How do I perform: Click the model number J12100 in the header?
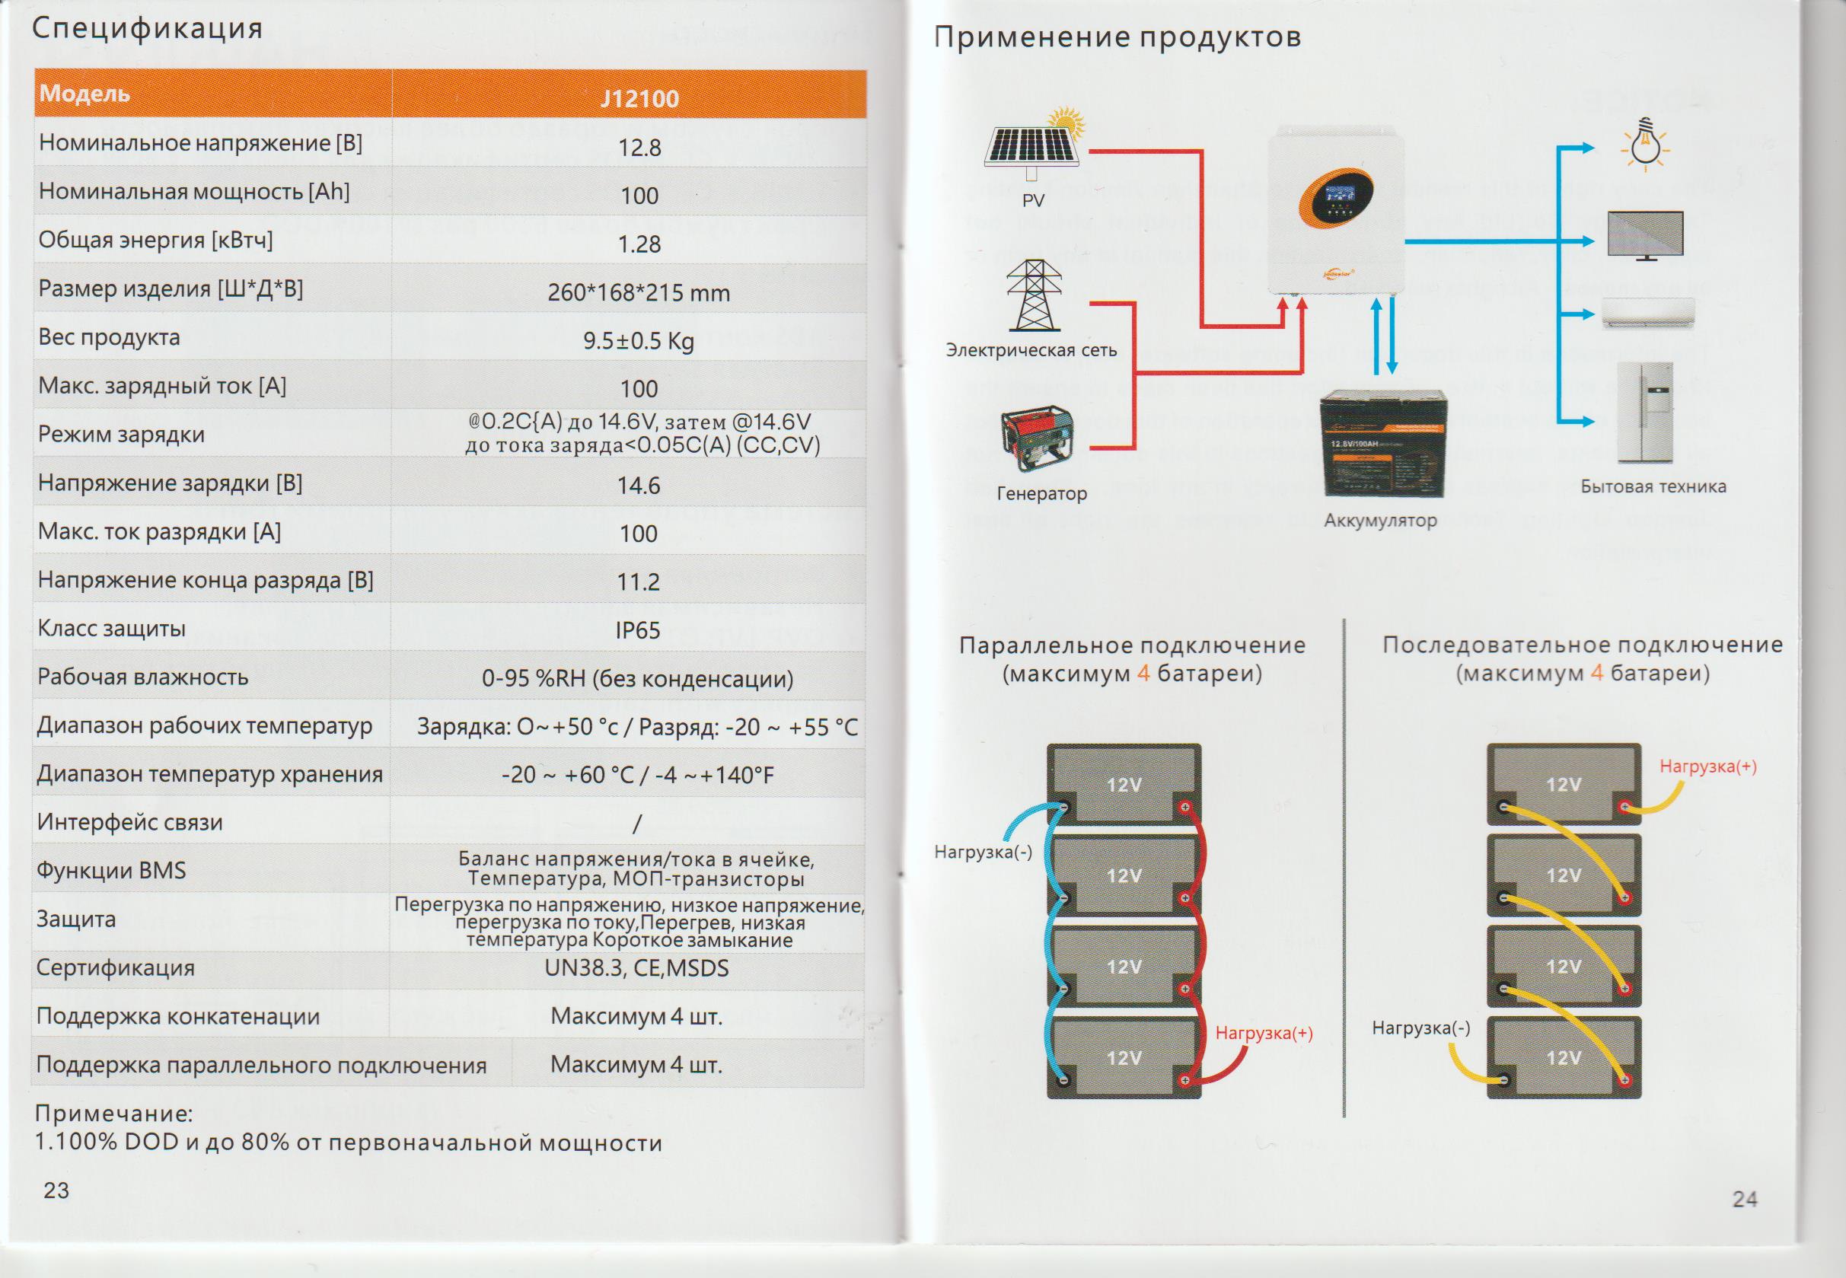pos(639,98)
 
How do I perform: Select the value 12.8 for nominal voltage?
pos(639,148)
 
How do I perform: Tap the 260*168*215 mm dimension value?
pos(638,293)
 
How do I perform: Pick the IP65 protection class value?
pos(637,630)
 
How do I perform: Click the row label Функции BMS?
pos(111,871)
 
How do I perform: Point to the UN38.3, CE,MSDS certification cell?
pos(636,968)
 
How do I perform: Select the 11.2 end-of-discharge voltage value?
pos(637,582)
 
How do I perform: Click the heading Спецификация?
pos(148,29)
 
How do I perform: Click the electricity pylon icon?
pos(1034,295)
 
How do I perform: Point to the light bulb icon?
pos(1645,147)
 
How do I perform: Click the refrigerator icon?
pos(1645,413)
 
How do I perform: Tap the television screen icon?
pos(1645,235)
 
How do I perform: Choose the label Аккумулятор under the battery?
pos(1380,521)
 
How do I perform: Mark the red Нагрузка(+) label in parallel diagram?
pos(1264,1034)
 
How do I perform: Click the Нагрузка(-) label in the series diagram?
pos(1420,1028)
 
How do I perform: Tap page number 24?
pos(1744,1199)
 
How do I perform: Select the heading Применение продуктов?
pos(1117,37)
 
